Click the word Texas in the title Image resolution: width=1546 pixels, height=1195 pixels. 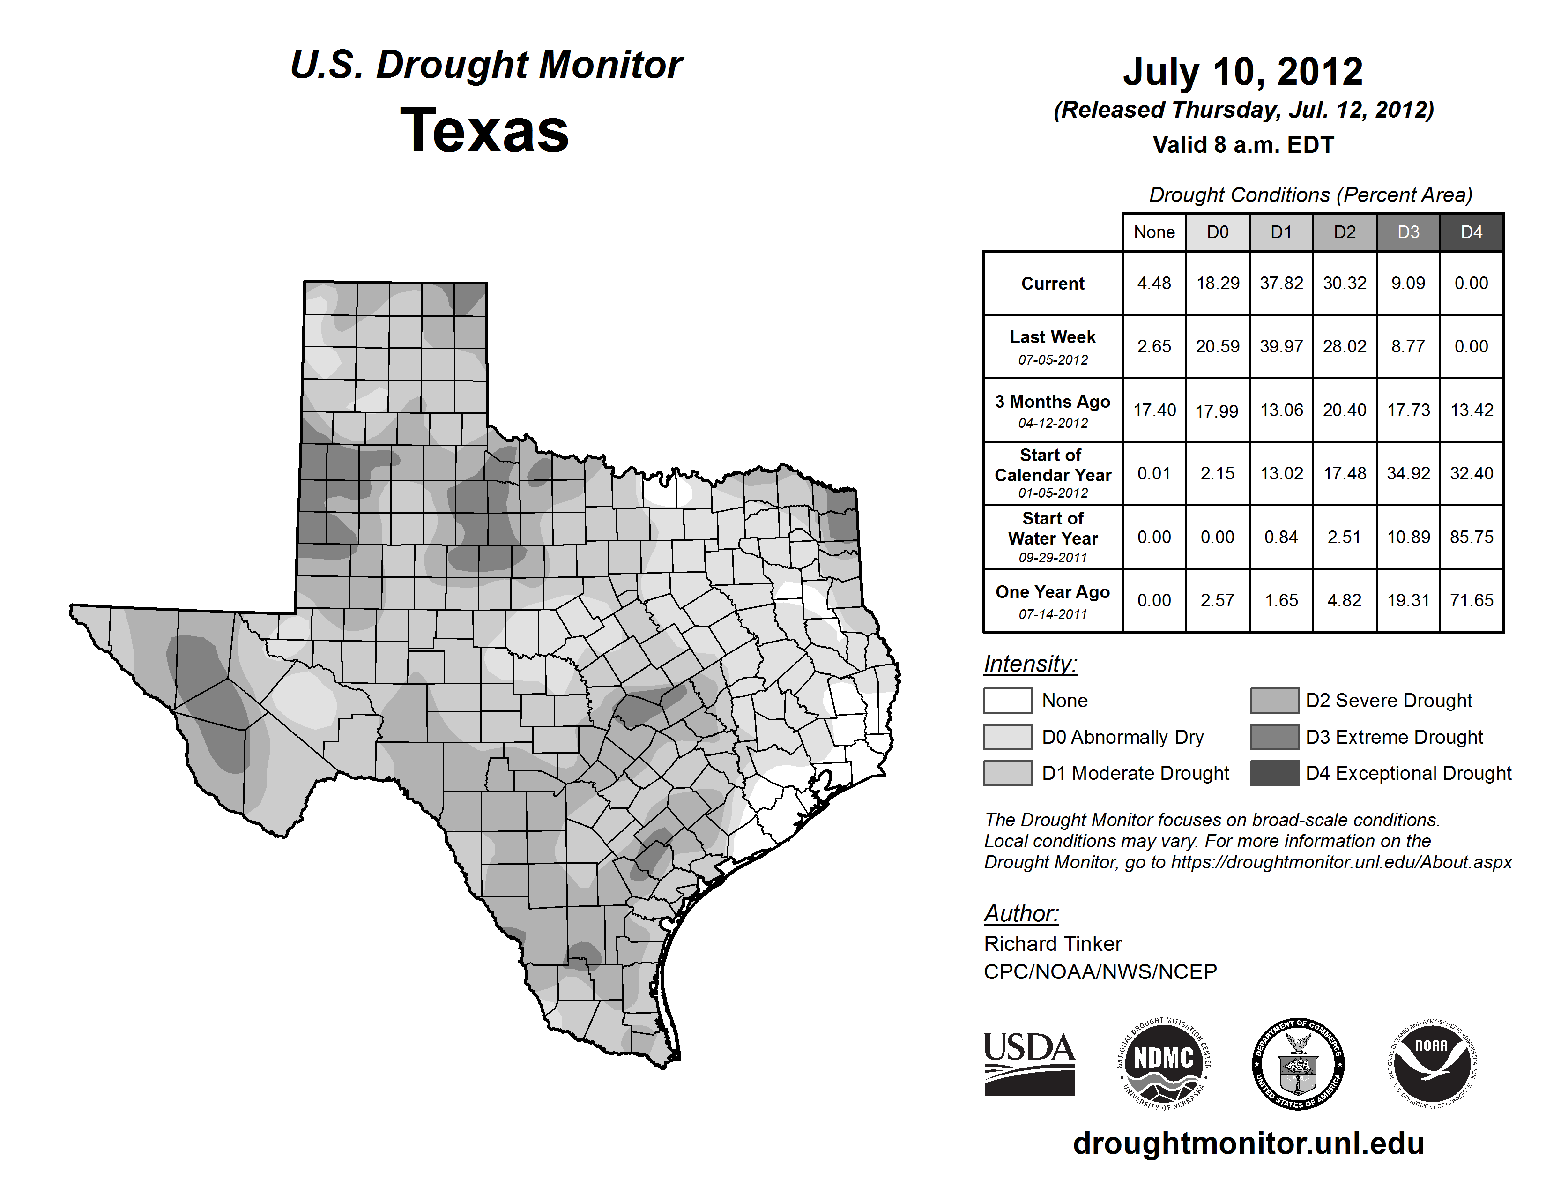point(484,131)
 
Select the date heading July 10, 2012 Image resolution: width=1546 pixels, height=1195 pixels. point(1242,72)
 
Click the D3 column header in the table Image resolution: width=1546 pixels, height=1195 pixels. point(1408,232)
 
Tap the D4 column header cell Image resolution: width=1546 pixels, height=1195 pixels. point(1471,232)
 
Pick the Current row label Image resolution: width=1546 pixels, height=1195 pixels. point(1053,283)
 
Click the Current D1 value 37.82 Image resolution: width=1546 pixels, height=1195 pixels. point(1281,283)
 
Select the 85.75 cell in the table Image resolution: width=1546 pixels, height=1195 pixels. point(1471,538)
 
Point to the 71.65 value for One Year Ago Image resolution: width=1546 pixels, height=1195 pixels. point(1471,600)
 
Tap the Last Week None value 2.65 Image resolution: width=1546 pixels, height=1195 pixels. point(1154,346)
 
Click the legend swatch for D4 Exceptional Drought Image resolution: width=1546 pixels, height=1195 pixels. point(1274,773)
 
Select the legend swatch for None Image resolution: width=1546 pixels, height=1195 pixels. point(1007,700)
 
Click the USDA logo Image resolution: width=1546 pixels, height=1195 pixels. point(1029,1063)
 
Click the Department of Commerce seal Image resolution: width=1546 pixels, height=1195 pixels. point(1298,1063)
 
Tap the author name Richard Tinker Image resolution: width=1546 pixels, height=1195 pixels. point(1053,944)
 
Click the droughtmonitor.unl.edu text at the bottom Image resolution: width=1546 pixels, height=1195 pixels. point(1248,1143)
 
